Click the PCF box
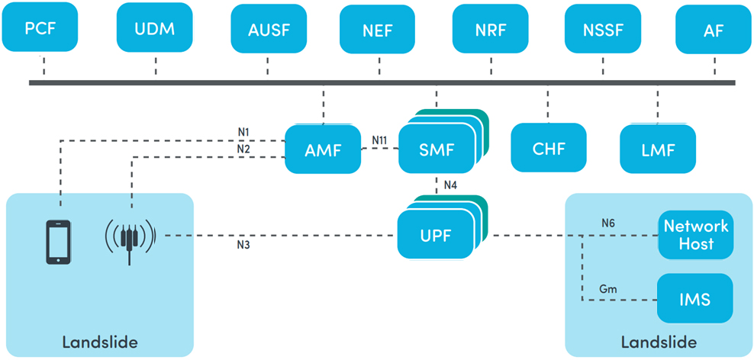[40, 27]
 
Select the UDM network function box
[155, 27]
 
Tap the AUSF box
[267, 29]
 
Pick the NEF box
[378, 29]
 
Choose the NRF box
[491, 29]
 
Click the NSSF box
[603, 29]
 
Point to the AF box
[714, 29]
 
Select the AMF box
[323, 149]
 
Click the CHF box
[549, 147]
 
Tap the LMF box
[658, 149]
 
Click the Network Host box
[696, 235]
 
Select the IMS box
[696, 299]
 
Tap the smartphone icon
[59, 242]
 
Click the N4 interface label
[450, 185]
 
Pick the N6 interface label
[607, 223]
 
